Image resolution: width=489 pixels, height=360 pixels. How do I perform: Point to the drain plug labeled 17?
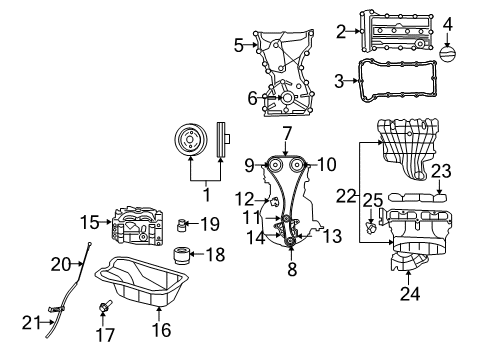tap(103, 303)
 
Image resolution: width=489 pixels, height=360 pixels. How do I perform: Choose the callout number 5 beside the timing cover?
tap(238, 45)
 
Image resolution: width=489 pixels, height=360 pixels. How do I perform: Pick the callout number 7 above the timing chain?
tap(286, 132)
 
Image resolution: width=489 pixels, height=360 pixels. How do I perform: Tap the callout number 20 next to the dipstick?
tap(59, 264)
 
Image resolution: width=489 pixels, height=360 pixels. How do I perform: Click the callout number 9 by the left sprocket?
tap(250, 164)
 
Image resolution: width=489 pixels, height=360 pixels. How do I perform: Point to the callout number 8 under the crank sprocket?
tap(291, 269)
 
